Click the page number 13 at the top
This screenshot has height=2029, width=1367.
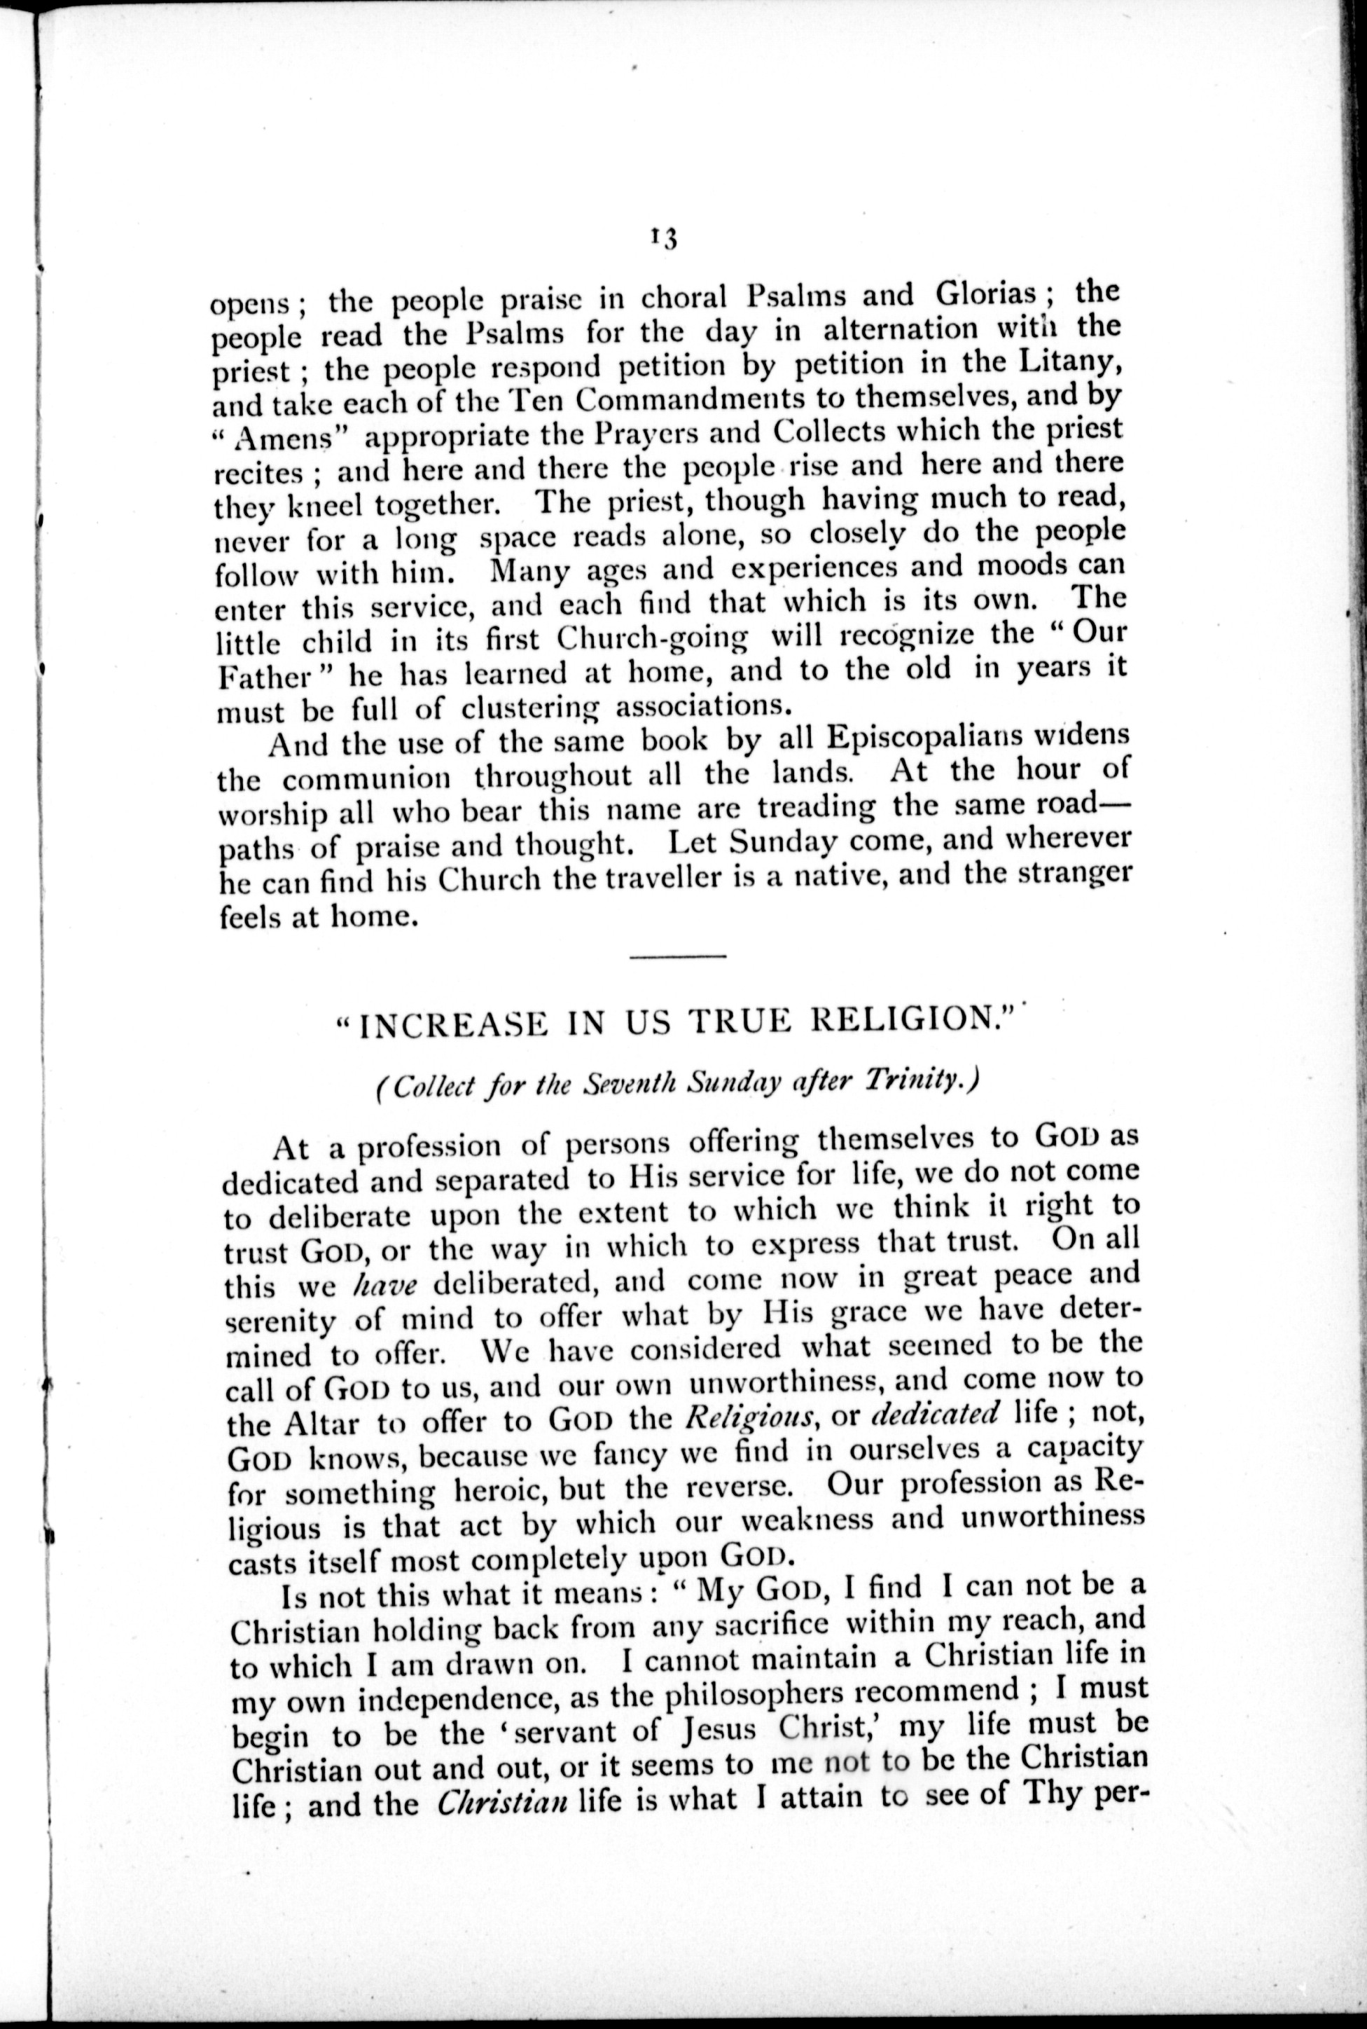pyautogui.click(x=665, y=238)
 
